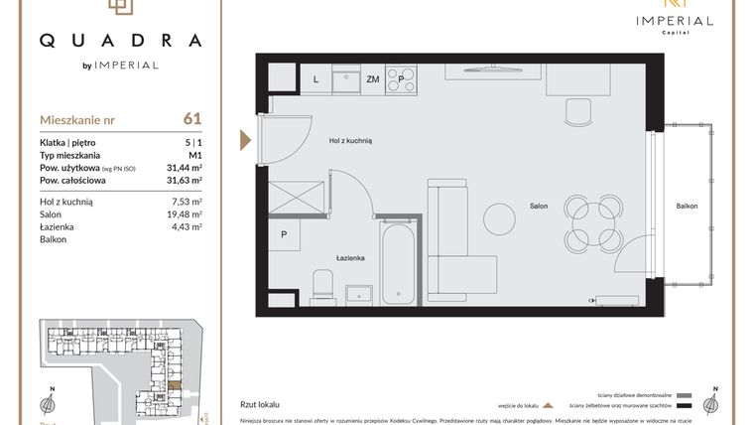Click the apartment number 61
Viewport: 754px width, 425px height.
(192, 118)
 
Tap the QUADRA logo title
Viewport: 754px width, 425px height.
(120, 41)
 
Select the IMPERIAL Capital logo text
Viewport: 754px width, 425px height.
(675, 21)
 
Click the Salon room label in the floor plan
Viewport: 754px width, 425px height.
(539, 207)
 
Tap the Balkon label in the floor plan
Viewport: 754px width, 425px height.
(687, 207)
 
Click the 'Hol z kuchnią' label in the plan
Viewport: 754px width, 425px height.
(349, 142)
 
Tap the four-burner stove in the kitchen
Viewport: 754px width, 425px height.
(403, 77)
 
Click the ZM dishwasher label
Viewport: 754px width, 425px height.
(373, 78)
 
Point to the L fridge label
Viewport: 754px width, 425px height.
(315, 78)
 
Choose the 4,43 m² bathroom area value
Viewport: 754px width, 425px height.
(187, 226)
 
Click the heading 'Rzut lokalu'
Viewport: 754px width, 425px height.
(261, 405)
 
